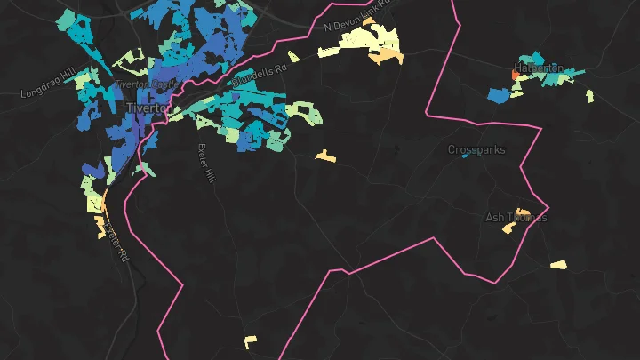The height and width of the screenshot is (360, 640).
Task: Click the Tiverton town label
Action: coord(147,108)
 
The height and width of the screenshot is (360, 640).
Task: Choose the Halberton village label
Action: coord(539,68)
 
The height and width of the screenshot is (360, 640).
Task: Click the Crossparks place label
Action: coord(476,150)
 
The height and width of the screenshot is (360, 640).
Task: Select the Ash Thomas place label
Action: coord(516,217)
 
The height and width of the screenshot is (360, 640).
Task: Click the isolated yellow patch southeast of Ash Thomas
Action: coord(558,264)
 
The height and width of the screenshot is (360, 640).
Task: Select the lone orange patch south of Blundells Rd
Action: coord(325,157)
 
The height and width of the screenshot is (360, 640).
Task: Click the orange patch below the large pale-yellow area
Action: coord(386,57)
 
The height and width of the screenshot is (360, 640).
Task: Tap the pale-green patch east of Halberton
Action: coord(590,94)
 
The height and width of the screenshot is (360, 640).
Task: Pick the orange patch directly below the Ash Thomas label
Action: coord(508,228)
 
